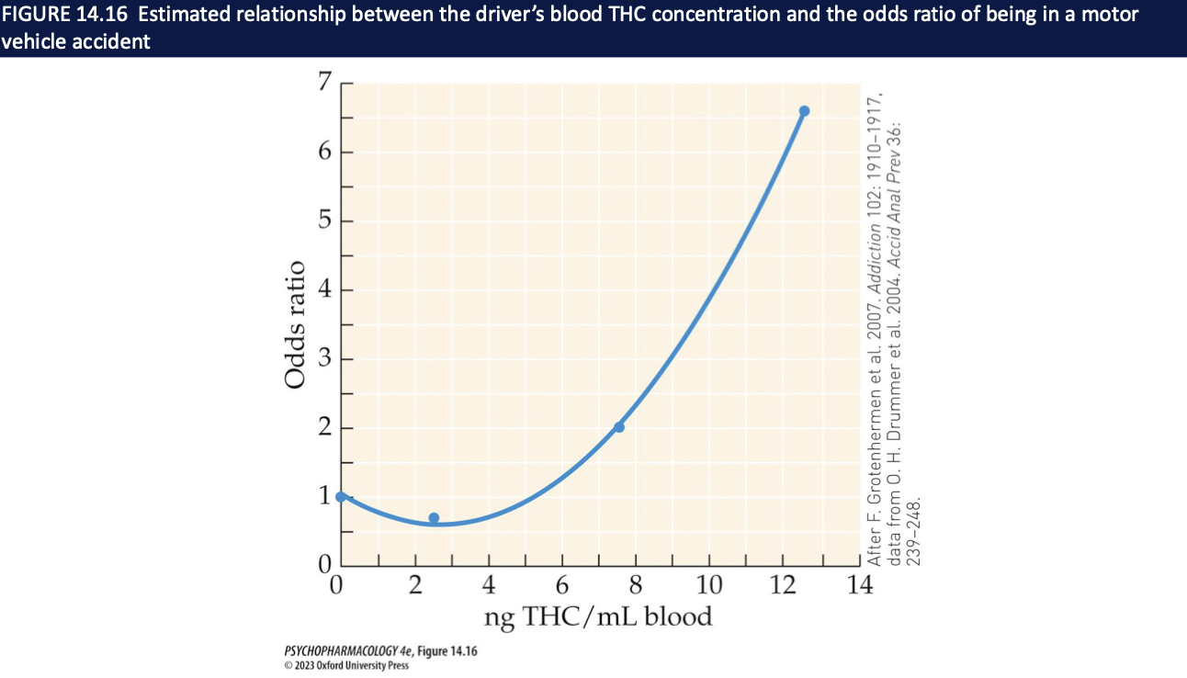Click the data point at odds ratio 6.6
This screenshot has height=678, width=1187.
804,111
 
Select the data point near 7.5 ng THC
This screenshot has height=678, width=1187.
618,427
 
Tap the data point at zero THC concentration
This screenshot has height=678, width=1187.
341,496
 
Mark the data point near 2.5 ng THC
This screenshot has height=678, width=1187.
434,518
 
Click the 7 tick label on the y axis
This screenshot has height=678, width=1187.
322,84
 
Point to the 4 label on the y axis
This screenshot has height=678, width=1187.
322,290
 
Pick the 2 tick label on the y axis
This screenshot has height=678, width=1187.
322,428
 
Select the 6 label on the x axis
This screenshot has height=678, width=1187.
562,585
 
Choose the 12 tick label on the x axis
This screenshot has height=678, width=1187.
782,585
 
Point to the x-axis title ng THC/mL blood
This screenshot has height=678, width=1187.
598,616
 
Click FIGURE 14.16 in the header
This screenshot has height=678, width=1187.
62,15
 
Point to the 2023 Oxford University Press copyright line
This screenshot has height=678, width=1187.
346,665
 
